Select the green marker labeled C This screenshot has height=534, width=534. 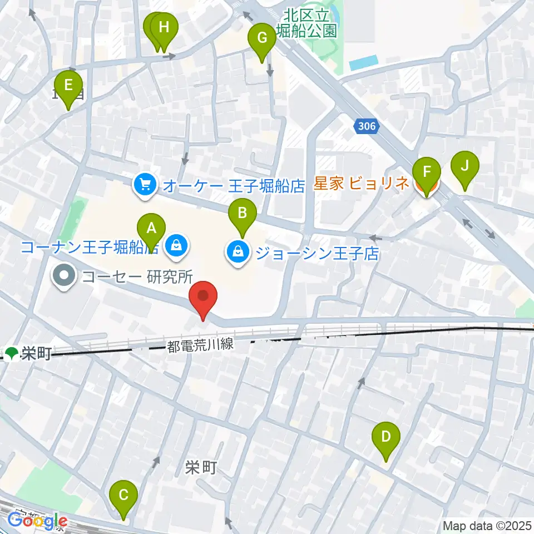(x=123, y=495)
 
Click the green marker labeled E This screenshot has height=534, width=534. (x=68, y=86)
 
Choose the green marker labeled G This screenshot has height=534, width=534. (x=262, y=38)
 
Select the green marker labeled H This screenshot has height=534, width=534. (x=164, y=28)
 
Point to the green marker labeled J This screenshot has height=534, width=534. (x=464, y=166)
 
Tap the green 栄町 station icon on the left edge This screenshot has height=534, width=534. (x=12, y=353)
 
